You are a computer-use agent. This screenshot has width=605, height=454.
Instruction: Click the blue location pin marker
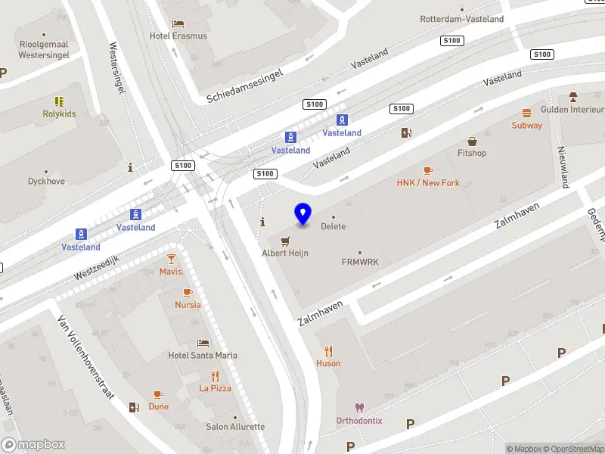click(303, 214)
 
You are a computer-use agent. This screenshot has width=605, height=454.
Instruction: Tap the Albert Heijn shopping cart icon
click(285, 241)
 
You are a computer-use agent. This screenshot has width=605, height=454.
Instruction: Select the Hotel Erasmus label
click(178, 36)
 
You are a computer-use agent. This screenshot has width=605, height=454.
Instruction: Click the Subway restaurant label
click(527, 126)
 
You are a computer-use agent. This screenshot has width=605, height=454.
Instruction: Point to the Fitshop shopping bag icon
click(473, 141)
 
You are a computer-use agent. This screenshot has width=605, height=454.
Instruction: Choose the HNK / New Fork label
click(428, 183)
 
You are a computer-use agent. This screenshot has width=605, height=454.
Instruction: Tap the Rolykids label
click(59, 114)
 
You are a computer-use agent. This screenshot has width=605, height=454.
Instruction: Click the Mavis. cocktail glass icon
click(172, 259)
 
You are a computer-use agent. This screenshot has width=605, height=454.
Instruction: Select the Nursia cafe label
click(188, 305)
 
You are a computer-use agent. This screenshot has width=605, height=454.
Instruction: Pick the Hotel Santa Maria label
click(203, 356)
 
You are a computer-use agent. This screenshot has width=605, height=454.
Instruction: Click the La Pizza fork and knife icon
click(216, 376)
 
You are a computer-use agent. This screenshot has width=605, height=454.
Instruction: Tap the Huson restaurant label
click(328, 363)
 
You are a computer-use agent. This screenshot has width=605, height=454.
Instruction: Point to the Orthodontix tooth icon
click(359, 408)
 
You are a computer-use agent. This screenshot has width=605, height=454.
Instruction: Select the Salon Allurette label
click(235, 427)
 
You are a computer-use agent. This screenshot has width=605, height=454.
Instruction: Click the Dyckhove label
click(46, 182)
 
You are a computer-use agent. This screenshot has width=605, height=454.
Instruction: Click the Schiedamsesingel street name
click(245, 86)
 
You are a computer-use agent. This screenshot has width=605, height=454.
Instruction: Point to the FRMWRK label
click(360, 263)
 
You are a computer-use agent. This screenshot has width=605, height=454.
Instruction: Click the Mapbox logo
click(33, 445)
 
